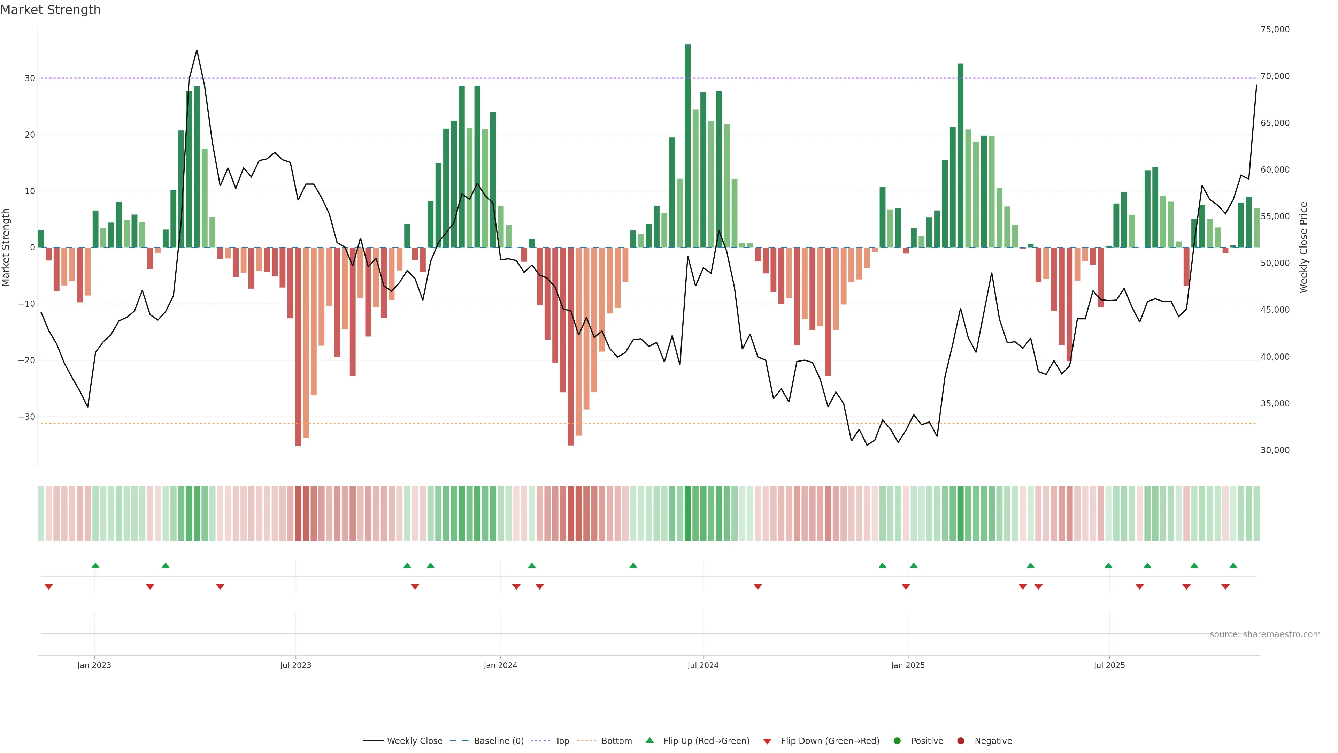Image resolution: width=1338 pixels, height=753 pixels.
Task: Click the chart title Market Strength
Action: (51, 10)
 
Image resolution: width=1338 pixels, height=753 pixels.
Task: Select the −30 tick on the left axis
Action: (26, 417)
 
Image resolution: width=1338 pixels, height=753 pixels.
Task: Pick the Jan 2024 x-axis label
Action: (500, 665)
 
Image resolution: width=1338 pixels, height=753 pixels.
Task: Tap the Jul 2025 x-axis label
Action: (1109, 665)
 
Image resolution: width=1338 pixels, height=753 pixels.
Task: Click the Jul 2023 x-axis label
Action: (295, 665)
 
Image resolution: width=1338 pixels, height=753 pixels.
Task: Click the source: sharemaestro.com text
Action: (1265, 634)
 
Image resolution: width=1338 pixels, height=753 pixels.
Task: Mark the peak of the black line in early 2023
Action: (196, 51)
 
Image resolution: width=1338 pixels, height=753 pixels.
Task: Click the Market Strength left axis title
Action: (6, 248)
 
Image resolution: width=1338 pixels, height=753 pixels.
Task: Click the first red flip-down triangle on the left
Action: (49, 587)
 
